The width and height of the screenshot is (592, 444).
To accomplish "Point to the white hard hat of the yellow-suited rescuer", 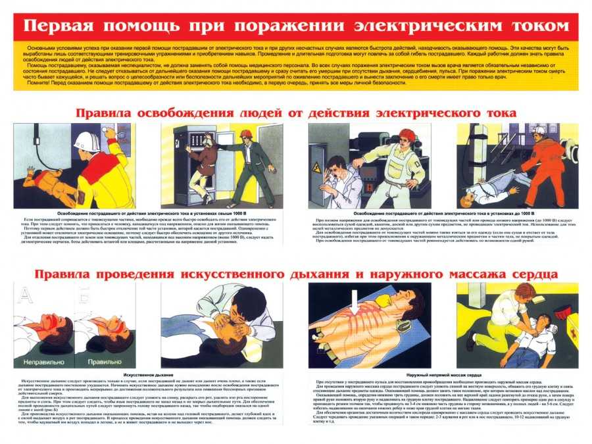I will click(x=86, y=140).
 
